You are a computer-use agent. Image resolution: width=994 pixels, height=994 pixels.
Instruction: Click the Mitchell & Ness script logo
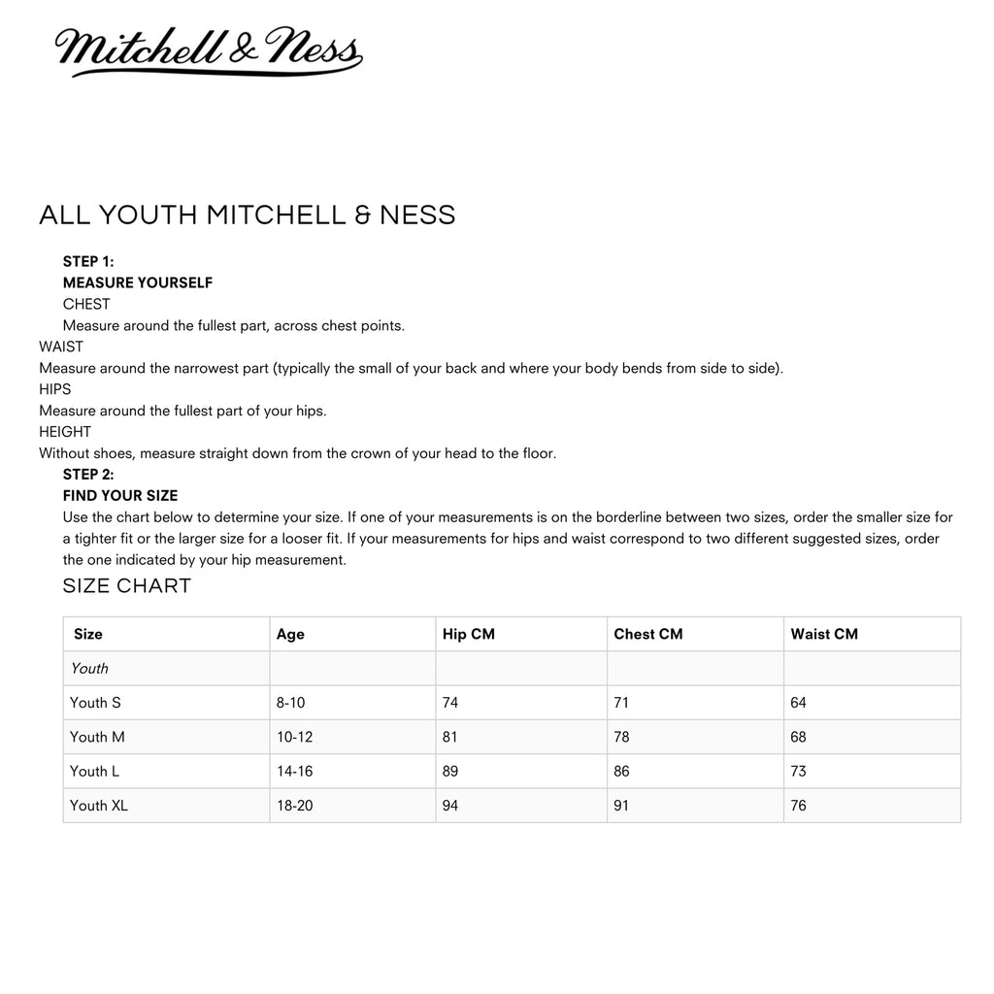pos(208,52)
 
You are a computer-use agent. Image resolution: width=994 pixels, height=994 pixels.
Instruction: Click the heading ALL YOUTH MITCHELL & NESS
pos(247,215)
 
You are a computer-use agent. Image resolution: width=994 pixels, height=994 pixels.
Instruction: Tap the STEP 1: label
pos(88,261)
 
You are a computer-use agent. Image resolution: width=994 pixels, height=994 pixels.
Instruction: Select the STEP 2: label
pos(88,475)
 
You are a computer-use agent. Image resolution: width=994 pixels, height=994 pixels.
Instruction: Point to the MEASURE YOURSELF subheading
pos(138,282)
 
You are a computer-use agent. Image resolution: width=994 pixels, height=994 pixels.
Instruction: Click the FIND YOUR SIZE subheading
pos(120,496)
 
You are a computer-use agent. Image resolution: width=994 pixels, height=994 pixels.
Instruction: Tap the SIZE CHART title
pos(127,585)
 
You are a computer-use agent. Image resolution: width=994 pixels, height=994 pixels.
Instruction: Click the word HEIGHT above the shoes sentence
pos(65,432)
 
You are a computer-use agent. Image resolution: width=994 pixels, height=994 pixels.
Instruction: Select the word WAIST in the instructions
pos(61,347)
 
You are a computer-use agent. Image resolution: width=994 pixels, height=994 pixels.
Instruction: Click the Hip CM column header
pos(469,634)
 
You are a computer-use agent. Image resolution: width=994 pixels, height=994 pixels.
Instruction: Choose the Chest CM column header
pos(648,634)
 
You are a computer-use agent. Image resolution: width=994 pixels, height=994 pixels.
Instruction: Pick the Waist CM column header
pos(824,634)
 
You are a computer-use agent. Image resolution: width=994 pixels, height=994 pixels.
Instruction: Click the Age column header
pos(290,634)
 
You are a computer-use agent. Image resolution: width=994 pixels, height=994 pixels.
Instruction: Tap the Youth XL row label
pos(99,806)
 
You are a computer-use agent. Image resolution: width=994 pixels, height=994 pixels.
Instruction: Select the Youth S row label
pos(95,703)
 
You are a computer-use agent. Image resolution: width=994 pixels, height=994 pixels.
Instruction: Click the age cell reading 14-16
pos(295,772)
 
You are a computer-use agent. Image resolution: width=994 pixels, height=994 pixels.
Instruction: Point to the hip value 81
pos(450,737)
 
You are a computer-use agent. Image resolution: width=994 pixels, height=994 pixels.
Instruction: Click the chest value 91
pos(621,806)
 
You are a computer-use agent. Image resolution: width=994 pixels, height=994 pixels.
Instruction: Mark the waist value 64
pos(799,703)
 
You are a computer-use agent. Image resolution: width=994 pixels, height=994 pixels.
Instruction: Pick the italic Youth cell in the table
pos(89,668)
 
